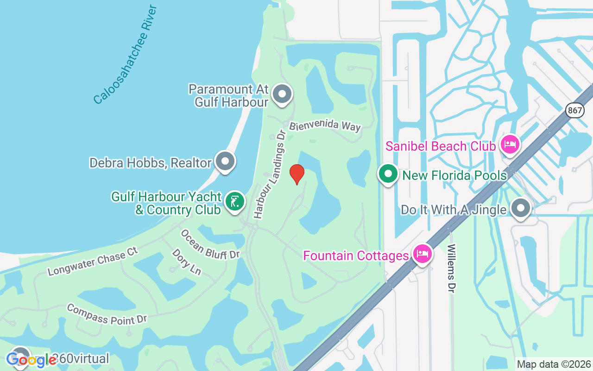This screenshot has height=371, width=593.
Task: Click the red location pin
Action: [296, 174]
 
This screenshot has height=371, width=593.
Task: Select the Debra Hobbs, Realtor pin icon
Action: [225, 162]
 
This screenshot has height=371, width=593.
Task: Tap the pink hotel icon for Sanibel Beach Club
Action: [510, 144]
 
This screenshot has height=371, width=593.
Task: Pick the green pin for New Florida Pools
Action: [388, 174]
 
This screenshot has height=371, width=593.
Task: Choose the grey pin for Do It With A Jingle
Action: [521, 209]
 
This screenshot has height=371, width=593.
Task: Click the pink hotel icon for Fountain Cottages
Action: [423, 254]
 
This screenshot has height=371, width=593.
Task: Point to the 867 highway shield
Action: [574, 110]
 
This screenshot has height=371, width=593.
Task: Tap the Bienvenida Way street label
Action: [325, 126]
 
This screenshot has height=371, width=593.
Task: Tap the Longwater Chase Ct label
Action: [93, 262]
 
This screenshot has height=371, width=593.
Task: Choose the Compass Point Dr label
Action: [107, 314]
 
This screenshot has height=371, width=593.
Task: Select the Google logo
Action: [31, 360]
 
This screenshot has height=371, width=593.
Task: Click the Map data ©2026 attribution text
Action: [554, 364]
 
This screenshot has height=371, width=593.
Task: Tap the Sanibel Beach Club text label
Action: [441, 146]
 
